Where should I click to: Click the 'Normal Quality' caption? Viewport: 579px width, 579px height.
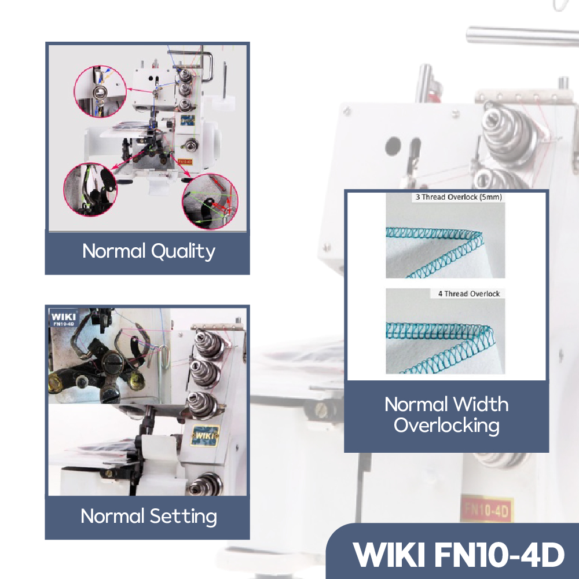click(148, 251)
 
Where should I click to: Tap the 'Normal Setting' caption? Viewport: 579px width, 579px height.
click(149, 516)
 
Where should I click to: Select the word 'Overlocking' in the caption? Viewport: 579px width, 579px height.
click(446, 426)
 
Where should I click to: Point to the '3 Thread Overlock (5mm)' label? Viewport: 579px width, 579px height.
click(458, 197)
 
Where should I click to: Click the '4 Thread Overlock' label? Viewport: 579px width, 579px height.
click(468, 294)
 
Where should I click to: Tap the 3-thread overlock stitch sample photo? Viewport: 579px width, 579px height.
click(446, 239)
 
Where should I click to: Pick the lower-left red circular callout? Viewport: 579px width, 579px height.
click(89, 190)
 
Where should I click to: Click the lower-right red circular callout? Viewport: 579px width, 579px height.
click(209, 202)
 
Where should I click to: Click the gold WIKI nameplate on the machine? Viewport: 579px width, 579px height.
click(204, 435)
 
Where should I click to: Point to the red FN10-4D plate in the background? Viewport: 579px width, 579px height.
click(486, 509)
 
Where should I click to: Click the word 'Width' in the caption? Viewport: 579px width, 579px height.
click(481, 404)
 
